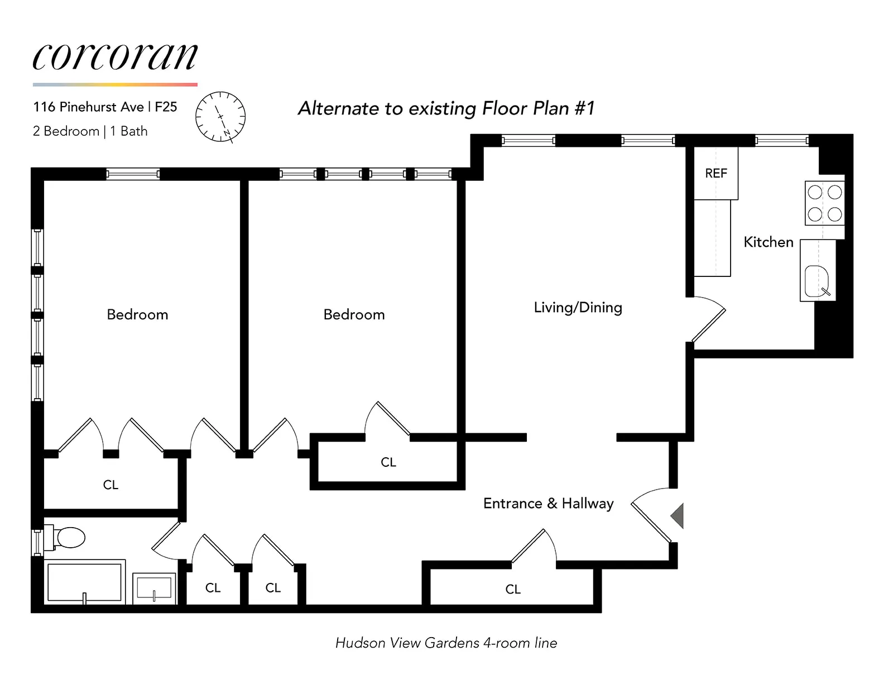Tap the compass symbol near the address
click(220, 117)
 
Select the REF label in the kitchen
click(716, 174)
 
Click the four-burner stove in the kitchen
click(824, 203)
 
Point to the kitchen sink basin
click(817, 280)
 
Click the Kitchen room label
click(768, 242)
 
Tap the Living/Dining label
click(578, 308)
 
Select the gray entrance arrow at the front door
click(678, 515)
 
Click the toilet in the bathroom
click(68, 538)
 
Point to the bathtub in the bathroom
click(84, 582)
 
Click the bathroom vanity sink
click(154, 588)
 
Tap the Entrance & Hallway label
click(548, 504)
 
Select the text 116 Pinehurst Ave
click(88, 107)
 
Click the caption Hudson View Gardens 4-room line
click(446, 643)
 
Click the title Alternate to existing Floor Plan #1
click(446, 108)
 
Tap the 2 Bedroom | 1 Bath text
click(90, 131)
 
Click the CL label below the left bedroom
click(111, 485)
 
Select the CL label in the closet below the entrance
click(512, 589)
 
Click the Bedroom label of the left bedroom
click(137, 315)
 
